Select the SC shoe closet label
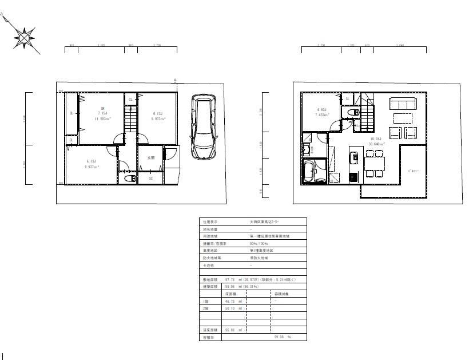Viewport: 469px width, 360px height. click(151, 179)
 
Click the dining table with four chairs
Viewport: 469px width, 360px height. click(375, 163)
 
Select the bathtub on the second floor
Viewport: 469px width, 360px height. click(309, 171)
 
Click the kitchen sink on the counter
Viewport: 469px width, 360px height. click(353, 155)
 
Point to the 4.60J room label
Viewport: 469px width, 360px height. click(321, 112)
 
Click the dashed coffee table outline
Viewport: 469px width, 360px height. click(404, 118)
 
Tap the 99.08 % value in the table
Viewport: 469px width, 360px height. click(281, 338)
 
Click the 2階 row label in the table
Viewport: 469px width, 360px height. click(206, 308)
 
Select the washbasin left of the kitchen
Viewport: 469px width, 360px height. click(306, 150)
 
